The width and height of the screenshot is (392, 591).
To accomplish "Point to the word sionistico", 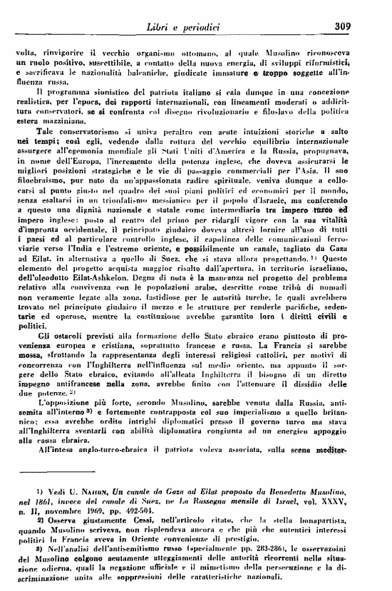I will point(93,92).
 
